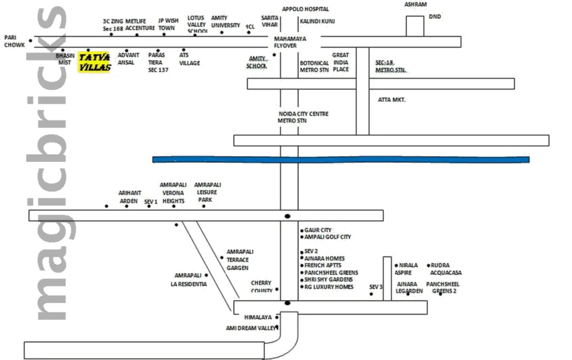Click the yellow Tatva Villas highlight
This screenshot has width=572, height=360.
point(95,62)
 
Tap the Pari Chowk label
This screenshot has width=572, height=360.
point(14,41)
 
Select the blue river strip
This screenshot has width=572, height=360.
point(341,159)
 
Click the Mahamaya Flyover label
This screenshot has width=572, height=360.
point(290,42)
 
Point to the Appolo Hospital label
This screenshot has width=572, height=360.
point(305,9)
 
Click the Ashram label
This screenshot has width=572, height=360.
point(415,4)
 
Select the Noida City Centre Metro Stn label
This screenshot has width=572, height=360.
point(303,117)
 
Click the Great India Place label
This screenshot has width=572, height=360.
point(341,62)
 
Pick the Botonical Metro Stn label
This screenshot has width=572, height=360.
point(315,66)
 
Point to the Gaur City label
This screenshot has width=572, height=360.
point(318,230)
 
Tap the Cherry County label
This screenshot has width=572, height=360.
point(261,286)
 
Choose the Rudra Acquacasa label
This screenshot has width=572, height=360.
point(446,269)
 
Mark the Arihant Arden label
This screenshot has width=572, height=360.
point(130,197)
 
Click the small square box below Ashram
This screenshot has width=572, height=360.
point(415,26)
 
